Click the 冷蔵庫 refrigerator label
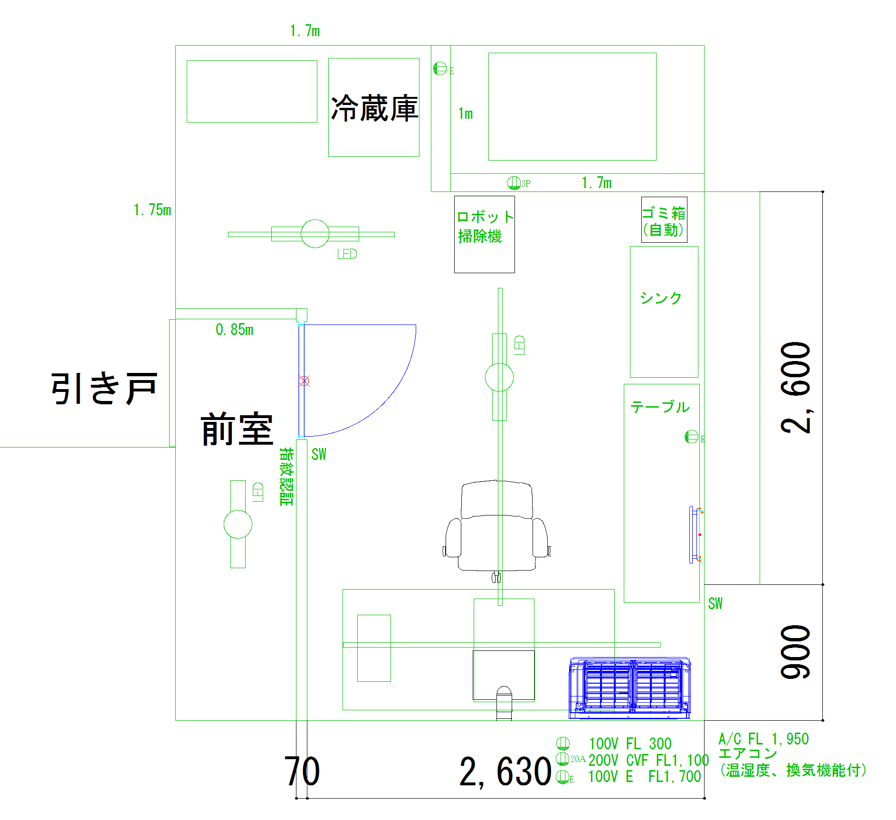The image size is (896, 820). tap(374, 109)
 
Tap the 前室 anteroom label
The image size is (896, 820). tap(237, 429)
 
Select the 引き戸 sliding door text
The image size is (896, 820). tap(104, 388)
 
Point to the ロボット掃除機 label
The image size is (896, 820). tap(484, 227)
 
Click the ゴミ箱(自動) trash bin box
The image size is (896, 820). tap(664, 220)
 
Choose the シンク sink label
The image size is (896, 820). tap(660, 298)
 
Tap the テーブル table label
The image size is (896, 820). tap(660, 407)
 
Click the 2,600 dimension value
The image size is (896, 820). tap(796, 387)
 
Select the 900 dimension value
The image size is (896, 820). tap(796, 652)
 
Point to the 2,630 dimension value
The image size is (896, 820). tap(505, 772)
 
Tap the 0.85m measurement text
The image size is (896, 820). tap(234, 329)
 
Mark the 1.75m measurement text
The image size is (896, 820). tap(152, 210)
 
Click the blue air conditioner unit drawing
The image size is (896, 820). tap(629, 687)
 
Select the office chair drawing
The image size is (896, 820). tap(496, 527)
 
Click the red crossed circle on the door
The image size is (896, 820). tap(305, 381)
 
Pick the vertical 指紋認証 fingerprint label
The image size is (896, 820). tap(286, 476)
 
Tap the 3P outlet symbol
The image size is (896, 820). tap(514, 182)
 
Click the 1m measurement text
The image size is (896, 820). tap(465, 114)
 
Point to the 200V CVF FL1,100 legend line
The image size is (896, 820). tap(648, 760)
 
